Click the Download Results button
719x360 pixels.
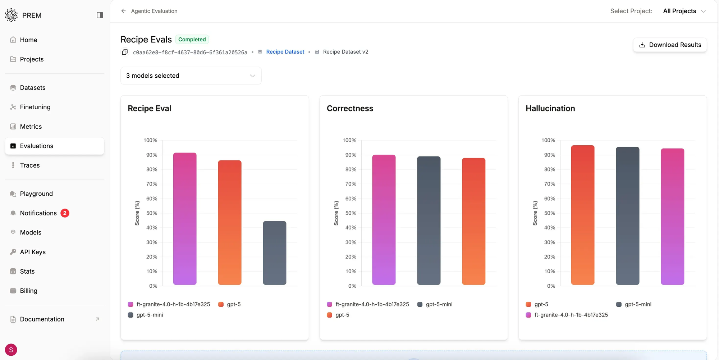(670, 45)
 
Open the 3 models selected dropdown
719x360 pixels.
(191, 76)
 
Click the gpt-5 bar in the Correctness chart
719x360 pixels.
(473, 221)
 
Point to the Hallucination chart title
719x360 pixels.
(550, 109)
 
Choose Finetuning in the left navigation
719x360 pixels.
(35, 107)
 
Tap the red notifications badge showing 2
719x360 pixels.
(65, 213)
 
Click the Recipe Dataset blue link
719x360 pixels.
(285, 52)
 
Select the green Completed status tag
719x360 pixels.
(192, 40)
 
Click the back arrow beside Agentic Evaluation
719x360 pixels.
(124, 11)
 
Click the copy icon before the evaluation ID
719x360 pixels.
(125, 52)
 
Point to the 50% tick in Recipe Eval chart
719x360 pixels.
(152, 213)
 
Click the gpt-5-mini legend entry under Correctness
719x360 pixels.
(435, 304)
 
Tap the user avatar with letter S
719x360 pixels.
(11, 350)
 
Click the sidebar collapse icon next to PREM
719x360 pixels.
(100, 15)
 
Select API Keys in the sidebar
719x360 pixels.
(33, 252)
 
